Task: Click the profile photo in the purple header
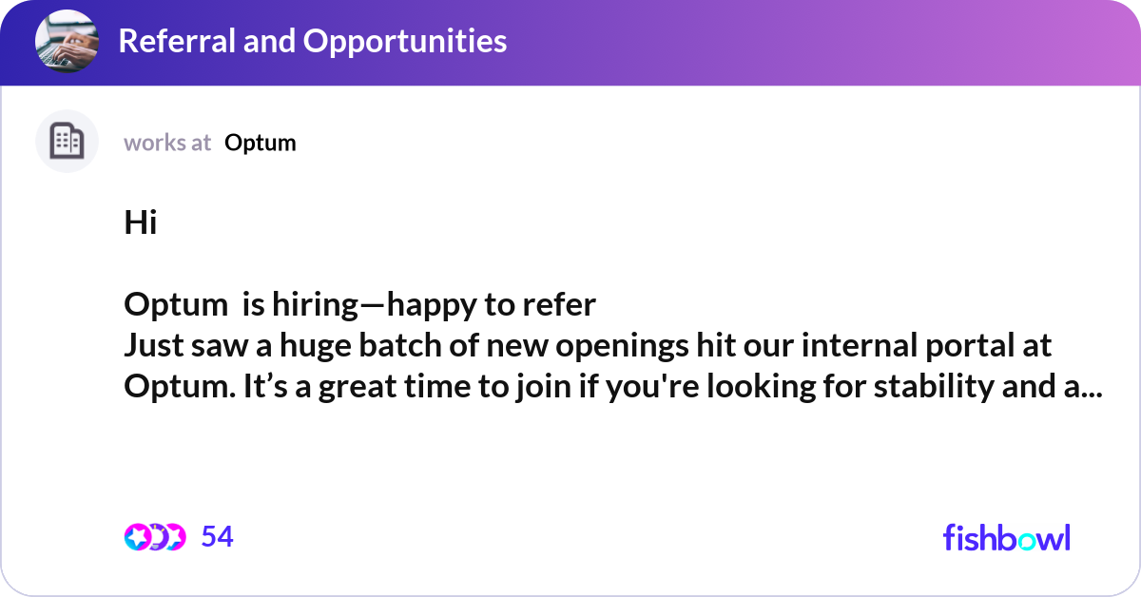point(67,42)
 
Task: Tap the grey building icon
point(67,142)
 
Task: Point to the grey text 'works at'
point(167,143)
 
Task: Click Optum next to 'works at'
point(261,143)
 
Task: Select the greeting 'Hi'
point(140,223)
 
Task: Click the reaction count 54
point(217,537)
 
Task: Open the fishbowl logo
point(1006,537)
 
